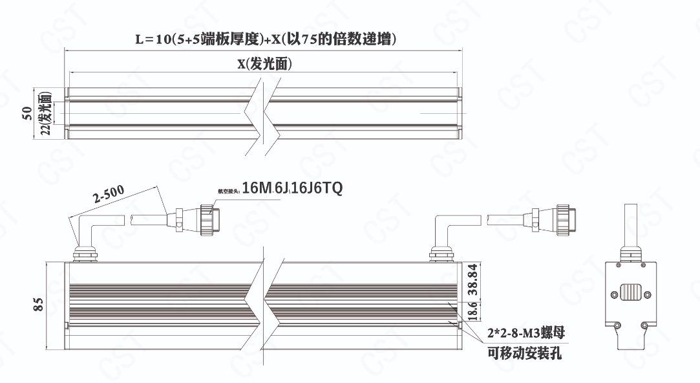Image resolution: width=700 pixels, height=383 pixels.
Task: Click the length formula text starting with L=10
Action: (265, 39)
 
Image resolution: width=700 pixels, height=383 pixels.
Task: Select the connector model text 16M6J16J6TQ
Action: (292, 189)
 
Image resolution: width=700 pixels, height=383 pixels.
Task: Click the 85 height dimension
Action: (37, 303)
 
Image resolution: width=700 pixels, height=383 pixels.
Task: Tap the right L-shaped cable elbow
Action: (445, 230)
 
